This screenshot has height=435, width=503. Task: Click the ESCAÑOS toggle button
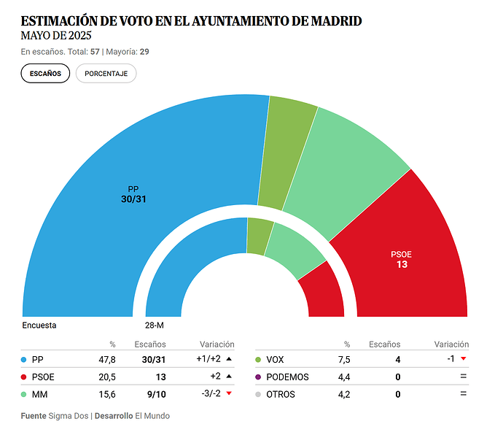(45, 74)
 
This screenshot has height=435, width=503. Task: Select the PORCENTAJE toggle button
(106, 74)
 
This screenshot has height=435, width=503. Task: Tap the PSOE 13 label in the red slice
(402, 259)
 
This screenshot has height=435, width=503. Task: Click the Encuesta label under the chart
(39, 326)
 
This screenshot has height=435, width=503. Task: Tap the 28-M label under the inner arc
(154, 326)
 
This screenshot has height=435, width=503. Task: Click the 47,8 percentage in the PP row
(108, 359)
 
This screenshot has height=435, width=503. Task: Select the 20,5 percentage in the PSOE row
(108, 377)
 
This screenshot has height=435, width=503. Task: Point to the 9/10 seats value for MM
(155, 395)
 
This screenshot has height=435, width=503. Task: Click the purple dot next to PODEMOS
(259, 377)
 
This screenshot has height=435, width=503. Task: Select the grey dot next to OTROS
(259, 395)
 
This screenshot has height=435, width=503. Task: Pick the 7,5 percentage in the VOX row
(343, 359)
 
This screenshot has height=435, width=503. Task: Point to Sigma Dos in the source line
(69, 416)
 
